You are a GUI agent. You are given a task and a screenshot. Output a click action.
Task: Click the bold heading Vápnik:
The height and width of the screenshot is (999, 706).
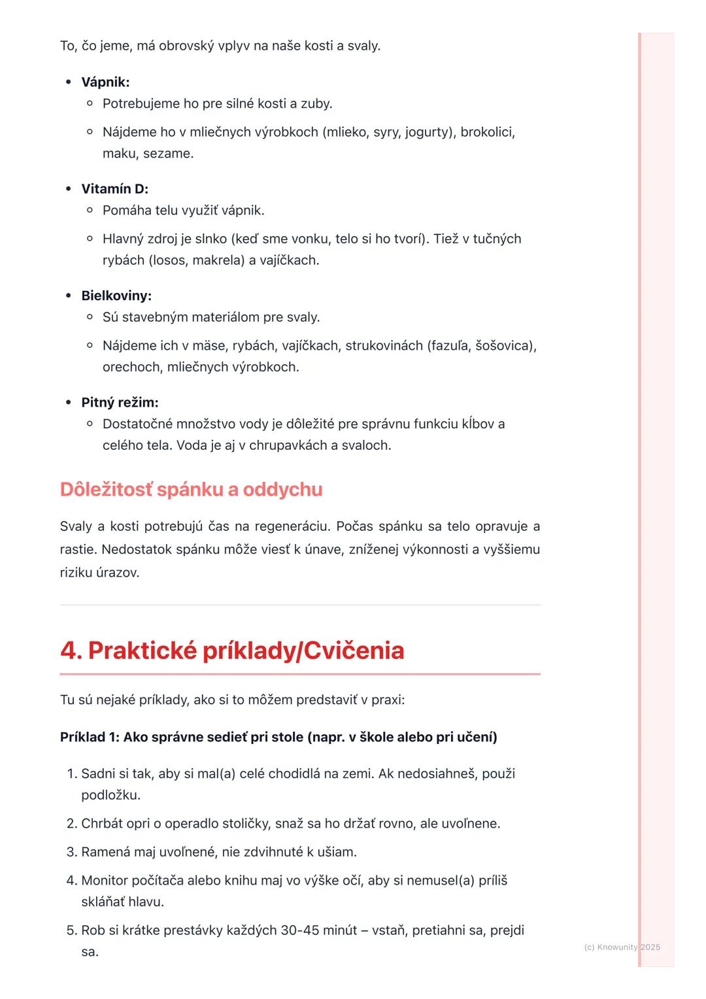tap(105, 82)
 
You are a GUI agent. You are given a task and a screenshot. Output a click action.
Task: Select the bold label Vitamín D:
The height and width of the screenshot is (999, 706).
tap(114, 189)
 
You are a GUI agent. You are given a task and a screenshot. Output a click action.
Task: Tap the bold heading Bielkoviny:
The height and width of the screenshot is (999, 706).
tap(116, 296)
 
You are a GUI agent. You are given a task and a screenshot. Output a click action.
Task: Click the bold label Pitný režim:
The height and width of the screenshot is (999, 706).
tap(120, 402)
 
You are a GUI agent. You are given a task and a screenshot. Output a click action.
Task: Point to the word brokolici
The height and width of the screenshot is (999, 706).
tap(487, 132)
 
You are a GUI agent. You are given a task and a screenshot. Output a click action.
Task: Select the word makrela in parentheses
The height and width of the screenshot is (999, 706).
tap(217, 260)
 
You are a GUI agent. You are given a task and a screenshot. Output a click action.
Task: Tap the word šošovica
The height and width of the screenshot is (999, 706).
tap(504, 345)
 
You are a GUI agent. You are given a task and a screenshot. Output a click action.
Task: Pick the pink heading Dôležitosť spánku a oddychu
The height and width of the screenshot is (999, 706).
tap(191, 490)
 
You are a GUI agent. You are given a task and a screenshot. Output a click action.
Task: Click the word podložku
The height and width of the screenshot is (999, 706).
tap(110, 795)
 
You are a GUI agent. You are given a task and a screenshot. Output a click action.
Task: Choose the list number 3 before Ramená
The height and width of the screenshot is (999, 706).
tap(71, 852)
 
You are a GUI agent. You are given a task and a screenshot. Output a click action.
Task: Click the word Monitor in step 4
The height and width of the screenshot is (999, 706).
tap(105, 880)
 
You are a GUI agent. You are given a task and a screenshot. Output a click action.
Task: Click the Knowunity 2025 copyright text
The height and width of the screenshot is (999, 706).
tap(622, 947)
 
